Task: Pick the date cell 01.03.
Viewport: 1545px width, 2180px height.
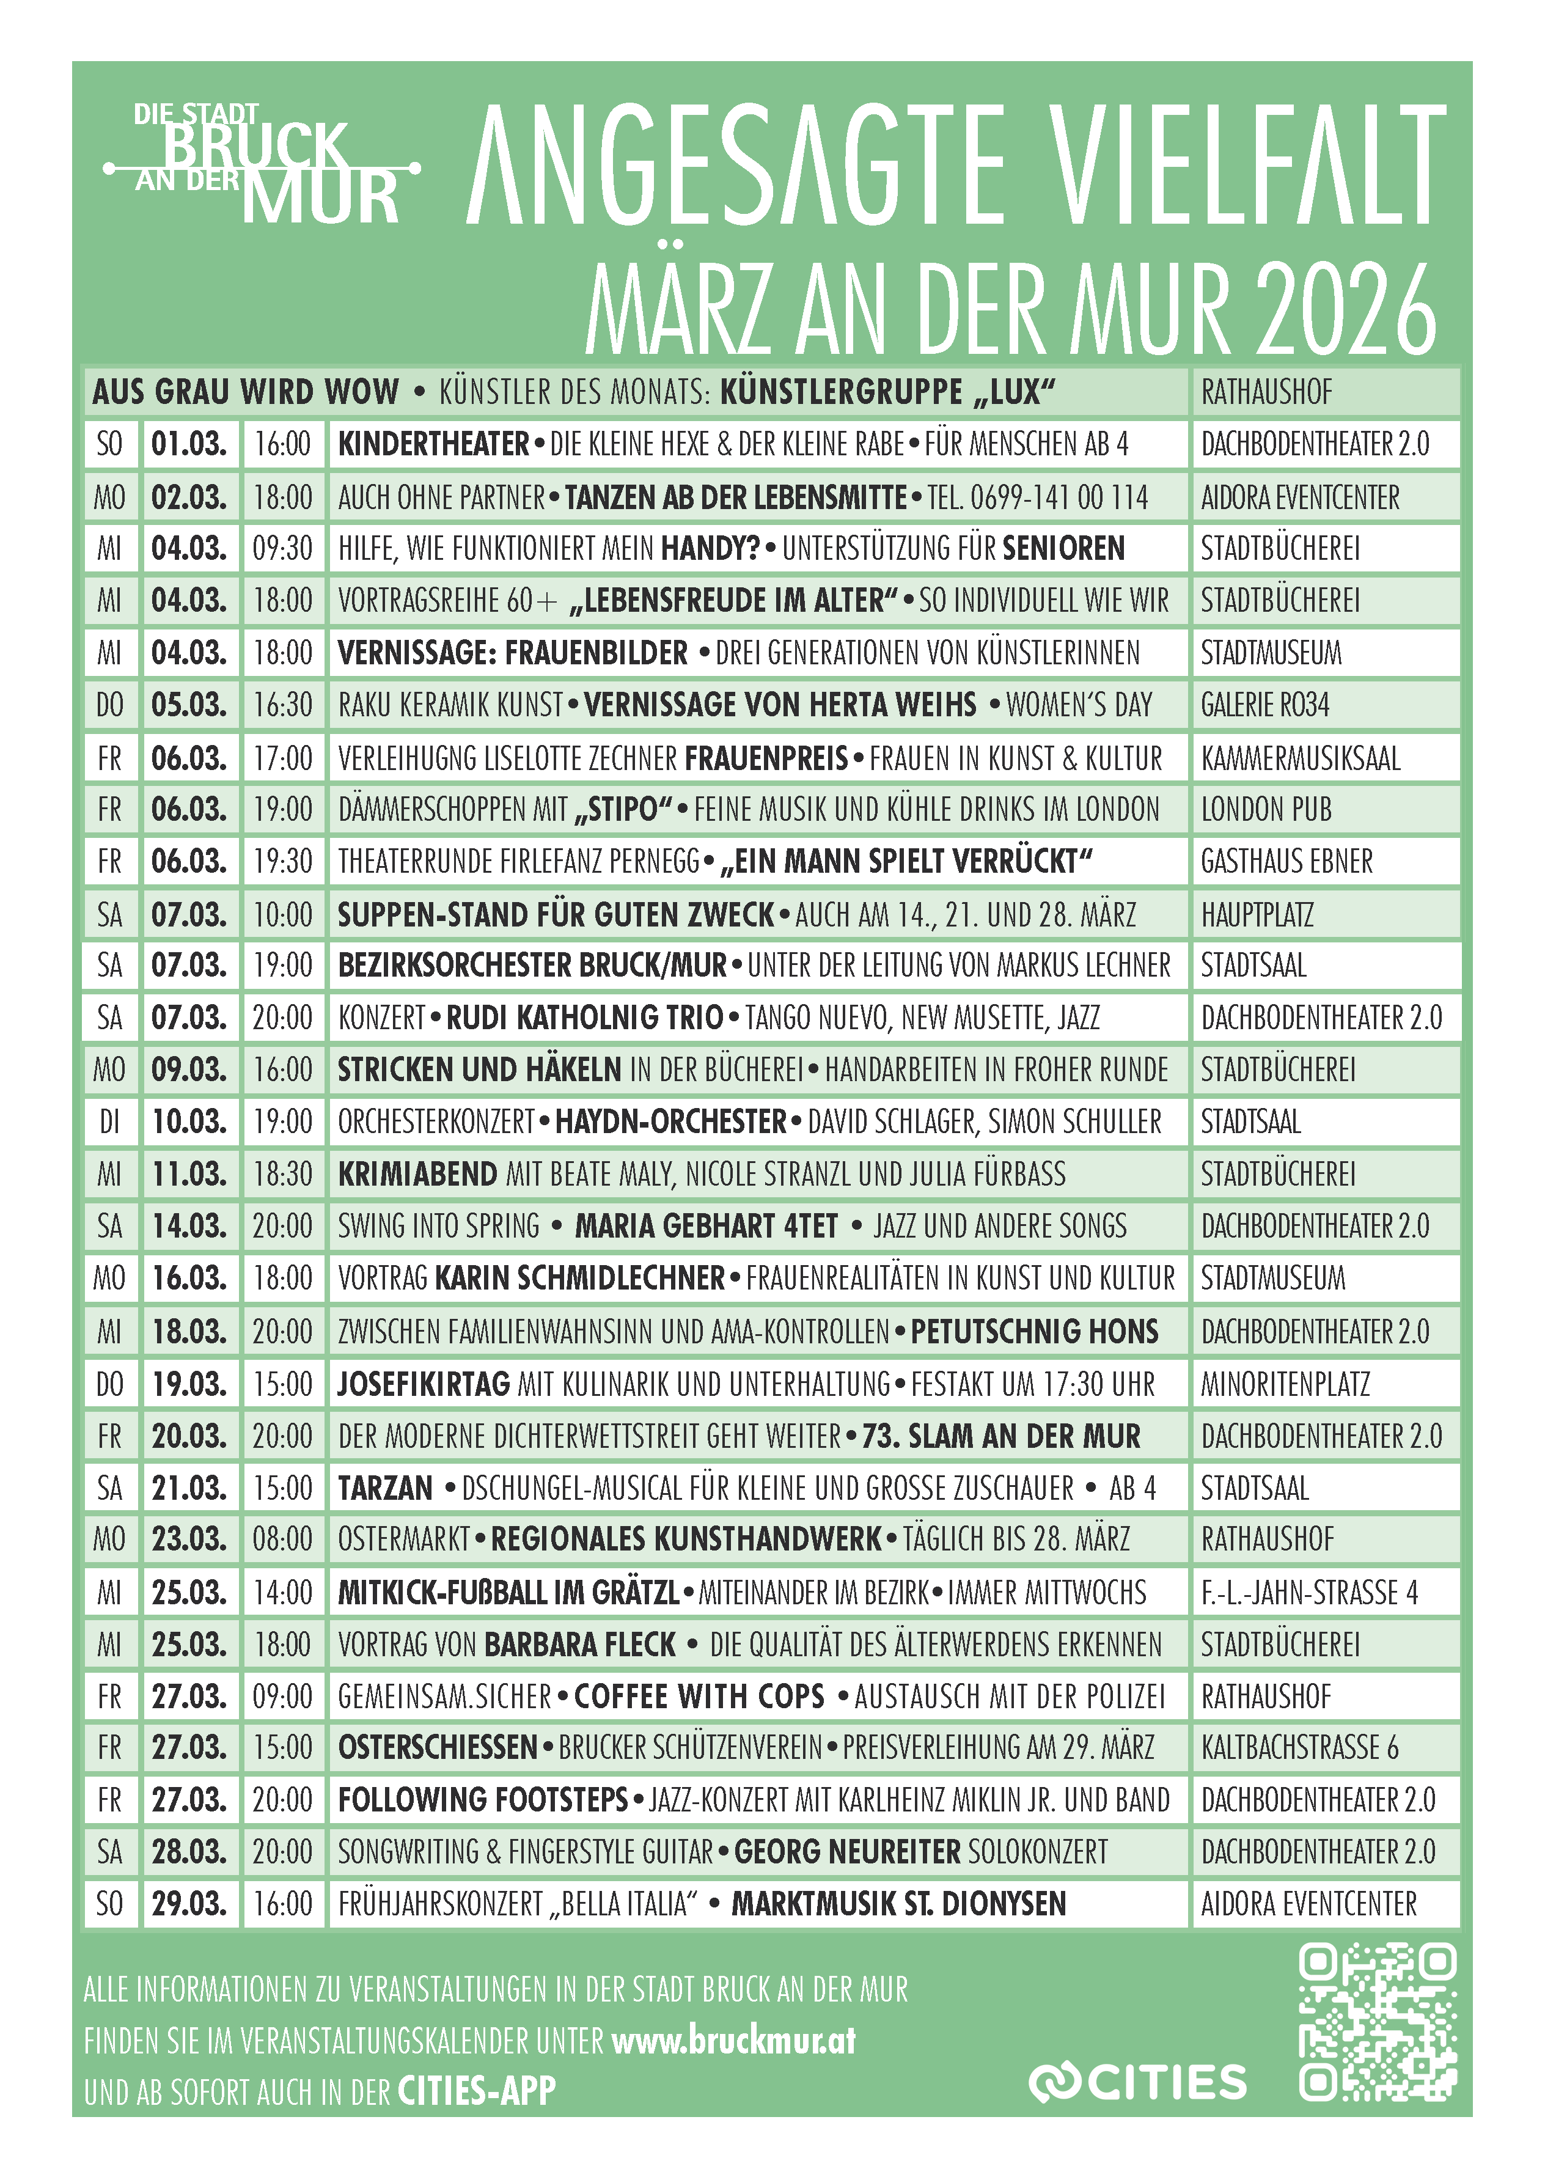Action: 189,444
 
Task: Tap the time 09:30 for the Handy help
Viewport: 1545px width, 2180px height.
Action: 282,549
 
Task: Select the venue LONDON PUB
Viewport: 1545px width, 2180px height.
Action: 1266,809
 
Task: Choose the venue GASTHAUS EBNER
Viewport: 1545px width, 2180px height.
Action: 1286,862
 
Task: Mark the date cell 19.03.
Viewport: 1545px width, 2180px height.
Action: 189,1384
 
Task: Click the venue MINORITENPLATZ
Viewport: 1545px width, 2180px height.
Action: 1285,1384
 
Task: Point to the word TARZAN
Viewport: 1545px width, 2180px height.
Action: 385,1488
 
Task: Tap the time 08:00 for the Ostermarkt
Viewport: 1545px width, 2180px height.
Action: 282,1539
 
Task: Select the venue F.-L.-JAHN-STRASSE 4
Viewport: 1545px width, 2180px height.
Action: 1309,1592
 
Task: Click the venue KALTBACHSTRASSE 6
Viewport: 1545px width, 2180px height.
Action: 1299,1747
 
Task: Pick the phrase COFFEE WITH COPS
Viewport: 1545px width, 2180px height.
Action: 699,1696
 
